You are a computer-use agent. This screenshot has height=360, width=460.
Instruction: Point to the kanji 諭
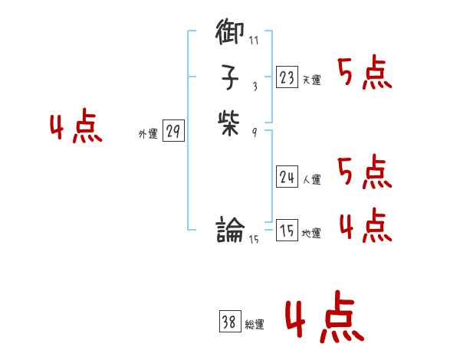[x=230, y=229]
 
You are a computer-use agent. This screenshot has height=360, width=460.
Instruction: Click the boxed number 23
[x=287, y=77]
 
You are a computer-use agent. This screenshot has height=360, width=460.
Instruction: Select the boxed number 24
[x=287, y=177]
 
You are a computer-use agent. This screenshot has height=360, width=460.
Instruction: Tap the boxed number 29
[x=173, y=132]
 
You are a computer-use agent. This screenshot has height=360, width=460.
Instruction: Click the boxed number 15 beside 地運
[x=287, y=231]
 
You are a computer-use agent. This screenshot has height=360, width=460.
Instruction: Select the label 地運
[x=311, y=234]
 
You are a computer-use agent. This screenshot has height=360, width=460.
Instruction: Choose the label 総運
[x=255, y=325]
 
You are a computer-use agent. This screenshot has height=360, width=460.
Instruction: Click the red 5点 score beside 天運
[x=365, y=74]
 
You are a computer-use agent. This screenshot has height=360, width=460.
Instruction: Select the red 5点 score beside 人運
[x=365, y=172]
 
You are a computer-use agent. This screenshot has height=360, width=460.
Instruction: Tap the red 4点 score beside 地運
[x=365, y=224]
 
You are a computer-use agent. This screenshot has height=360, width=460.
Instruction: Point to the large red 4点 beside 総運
[x=325, y=319]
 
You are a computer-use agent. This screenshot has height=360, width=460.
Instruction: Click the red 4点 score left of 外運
[x=76, y=127]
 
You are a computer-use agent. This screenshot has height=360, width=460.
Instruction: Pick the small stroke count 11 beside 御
[x=254, y=40]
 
